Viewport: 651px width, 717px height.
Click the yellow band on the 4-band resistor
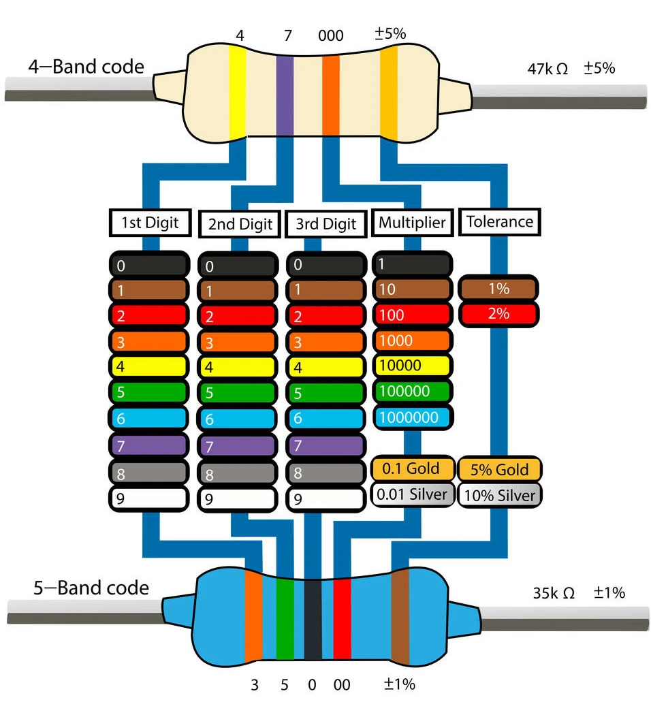pyautogui.click(x=237, y=92)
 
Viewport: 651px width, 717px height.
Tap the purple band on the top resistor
pyautogui.click(x=285, y=95)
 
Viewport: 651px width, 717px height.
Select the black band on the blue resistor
pyautogui.click(x=313, y=618)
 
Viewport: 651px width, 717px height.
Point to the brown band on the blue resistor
pyautogui.click(x=400, y=617)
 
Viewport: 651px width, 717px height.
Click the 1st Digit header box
pyautogui.click(x=149, y=222)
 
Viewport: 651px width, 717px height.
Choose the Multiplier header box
pyautogui.click(x=412, y=222)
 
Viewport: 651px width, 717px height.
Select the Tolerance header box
pyautogui.click(x=499, y=221)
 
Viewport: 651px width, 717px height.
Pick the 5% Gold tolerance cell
pyautogui.click(x=499, y=469)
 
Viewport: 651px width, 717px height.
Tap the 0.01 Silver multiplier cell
pyautogui.click(x=412, y=494)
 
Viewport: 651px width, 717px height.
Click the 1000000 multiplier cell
pyautogui.click(x=412, y=417)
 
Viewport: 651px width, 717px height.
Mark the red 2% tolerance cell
pyautogui.click(x=499, y=314)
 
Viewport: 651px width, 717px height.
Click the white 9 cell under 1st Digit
pyautogui.click(x=148, y=498)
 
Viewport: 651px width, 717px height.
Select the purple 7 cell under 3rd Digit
pyautogui.click(x=325, y=446)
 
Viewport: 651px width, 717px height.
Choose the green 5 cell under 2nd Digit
pyautogui.click(x=237, y=393)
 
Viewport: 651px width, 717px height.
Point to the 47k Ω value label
pyautogui.click(x=547, y=69)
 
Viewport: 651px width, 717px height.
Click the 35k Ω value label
pyautogui.click(x=554, y=593)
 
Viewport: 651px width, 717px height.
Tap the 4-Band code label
pyautogui.click(x=86, y=67)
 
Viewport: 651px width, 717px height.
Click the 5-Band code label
pyautogui.click(x=91, y=588)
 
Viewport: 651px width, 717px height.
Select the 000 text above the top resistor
pyautogui.click(x=331, y=35)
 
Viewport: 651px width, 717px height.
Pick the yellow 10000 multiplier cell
pyautogui.click(x=412, y=366)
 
